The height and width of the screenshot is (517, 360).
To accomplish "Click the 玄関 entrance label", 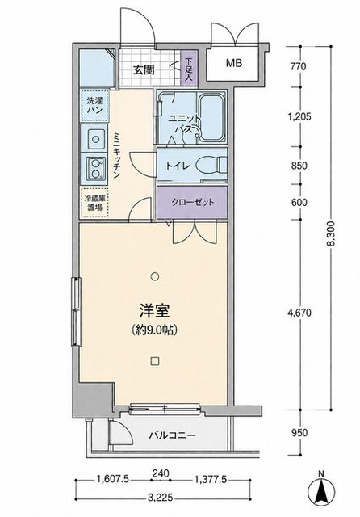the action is (x=144, y=70).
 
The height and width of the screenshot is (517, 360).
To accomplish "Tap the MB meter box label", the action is (x=234, y=63).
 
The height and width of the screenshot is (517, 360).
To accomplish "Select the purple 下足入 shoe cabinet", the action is (x=189, y=69).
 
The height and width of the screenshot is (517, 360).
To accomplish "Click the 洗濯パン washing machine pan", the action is (x=95, y=106).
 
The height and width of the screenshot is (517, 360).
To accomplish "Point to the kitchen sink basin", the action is (x=96, y=139).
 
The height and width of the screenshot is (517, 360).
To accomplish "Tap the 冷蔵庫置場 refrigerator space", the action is (x=94, y=203).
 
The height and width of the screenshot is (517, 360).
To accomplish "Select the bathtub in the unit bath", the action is (x=211, y=117).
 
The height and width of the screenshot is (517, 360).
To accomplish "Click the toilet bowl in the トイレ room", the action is (x=211, y=165).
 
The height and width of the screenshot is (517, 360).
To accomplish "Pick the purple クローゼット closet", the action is (x=192, y=202).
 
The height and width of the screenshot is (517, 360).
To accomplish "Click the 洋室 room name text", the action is (x=154, y=311).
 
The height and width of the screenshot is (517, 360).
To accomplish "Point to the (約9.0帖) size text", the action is (x=154, y=330).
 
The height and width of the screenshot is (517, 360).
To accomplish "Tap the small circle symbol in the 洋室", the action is (x=154, y=275).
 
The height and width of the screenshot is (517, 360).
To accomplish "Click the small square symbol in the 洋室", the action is (x=154, y=361).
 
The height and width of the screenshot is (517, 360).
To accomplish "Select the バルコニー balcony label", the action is (x=172, y=435).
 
